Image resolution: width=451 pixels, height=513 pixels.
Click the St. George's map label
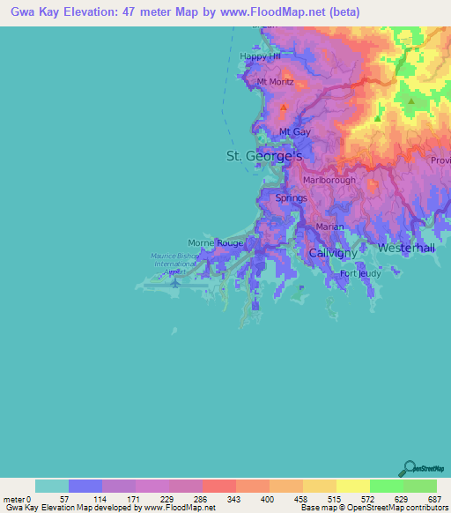point(264,156)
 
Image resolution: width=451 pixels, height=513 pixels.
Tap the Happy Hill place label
point(260,57)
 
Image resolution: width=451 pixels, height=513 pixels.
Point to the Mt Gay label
point(295,132)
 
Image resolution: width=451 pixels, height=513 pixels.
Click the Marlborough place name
point(329,180)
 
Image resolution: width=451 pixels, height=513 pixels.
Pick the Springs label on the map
point(292,198)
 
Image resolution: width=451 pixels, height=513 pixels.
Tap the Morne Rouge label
point(216,242)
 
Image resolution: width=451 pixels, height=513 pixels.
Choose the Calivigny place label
point(331,253)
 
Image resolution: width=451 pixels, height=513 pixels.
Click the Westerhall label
point(406,249)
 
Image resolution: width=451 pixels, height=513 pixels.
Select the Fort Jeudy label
point(360,273)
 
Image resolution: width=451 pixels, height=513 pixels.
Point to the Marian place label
point(329,227)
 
